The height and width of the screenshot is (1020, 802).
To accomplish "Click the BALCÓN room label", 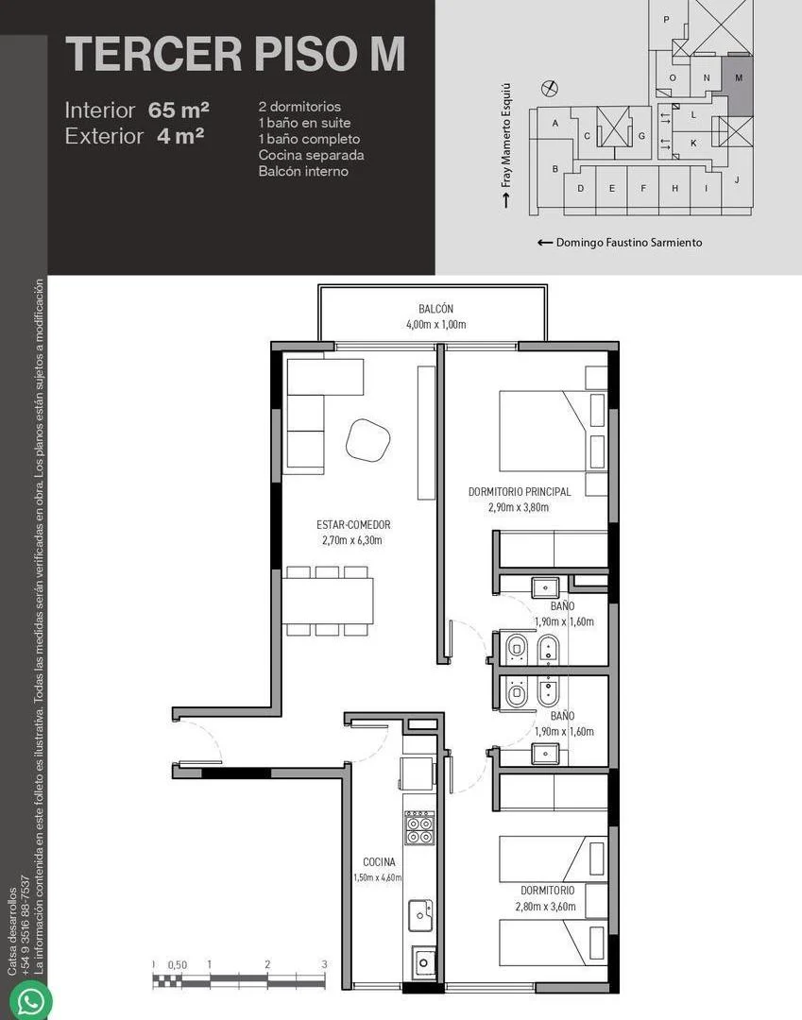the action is tap(435, 309).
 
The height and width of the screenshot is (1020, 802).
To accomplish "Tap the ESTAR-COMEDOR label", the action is tap(353, 524).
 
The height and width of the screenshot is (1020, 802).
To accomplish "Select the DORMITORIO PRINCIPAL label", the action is tap(520, 492).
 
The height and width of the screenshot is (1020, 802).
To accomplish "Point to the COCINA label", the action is tap(379, 862).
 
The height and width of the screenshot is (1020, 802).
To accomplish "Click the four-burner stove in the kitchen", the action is tap(419, 827).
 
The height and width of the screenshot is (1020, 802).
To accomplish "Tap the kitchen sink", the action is tap(420, 915).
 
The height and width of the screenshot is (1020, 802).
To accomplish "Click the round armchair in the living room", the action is tap(367, 440).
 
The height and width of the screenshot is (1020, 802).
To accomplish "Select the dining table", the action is tap(327, 601).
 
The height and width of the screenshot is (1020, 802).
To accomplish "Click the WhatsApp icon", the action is tap(31, 1000).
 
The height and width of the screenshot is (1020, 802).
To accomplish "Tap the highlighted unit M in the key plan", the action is tap(739, 86).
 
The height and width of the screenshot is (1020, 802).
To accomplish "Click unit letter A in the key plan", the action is tap(555, 123).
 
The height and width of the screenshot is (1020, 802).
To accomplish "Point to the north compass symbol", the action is tap(550, 87).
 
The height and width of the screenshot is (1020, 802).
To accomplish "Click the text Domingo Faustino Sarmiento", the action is tap(629, 243).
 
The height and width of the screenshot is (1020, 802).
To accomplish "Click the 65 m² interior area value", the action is tap(179, 110).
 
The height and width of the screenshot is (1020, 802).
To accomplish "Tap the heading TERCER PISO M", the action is tap(235, 54).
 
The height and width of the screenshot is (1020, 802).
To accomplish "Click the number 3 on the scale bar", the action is tap(324, 964).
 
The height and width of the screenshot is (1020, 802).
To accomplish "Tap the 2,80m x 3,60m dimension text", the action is tap(546, 906).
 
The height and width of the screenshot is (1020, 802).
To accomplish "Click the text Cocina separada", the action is tap(311, 156).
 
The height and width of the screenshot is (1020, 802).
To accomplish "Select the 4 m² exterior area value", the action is tap(180, 136).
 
